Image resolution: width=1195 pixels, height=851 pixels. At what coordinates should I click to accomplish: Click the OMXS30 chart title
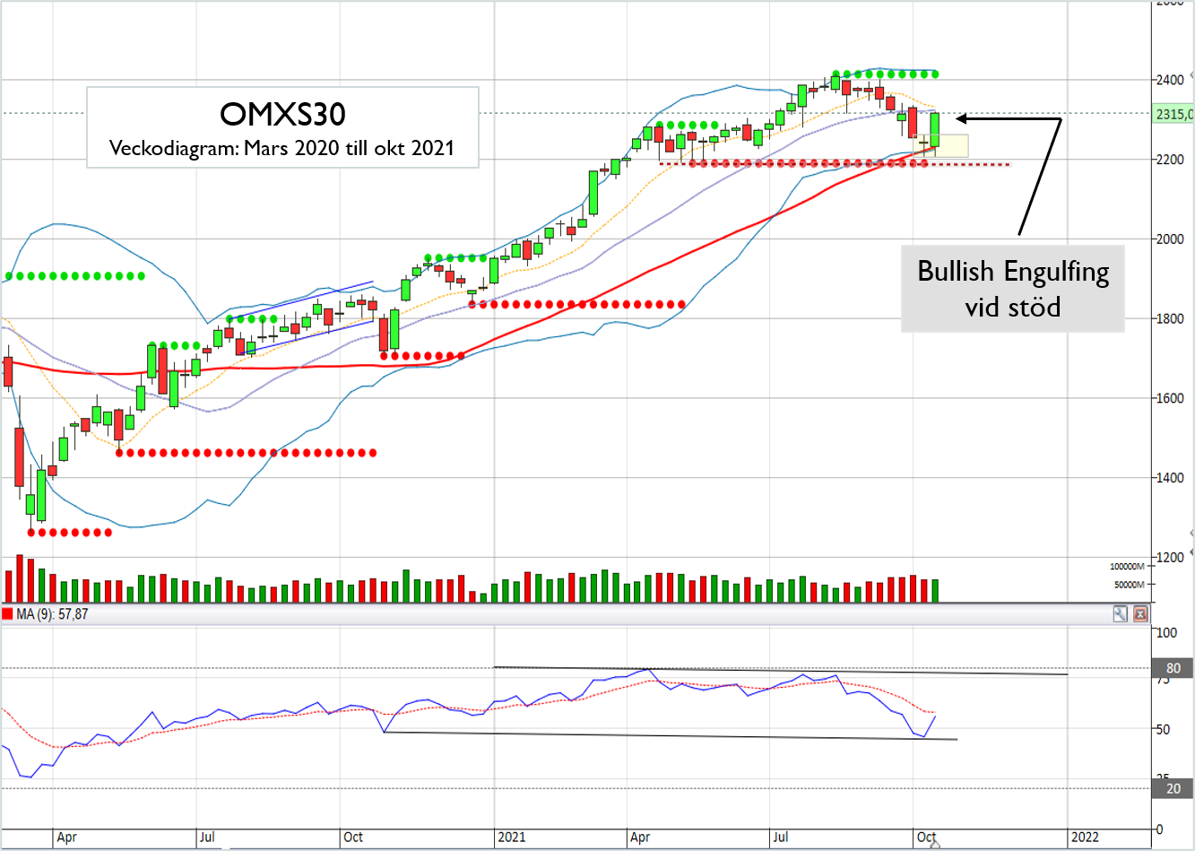pyautogui.click(x=282, y=114)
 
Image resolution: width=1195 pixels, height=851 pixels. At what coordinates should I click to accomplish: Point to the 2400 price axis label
pyautogui.click(x=1169, y=80)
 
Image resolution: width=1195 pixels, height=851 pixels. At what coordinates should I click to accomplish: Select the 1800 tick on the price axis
pyautogui.click(x=1169, y=318)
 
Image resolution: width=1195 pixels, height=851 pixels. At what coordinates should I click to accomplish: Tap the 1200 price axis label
pyautogui.click(x=1169, y=557)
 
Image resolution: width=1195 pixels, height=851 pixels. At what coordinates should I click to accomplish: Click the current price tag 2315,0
pyautogui.click(x=1173, y=114)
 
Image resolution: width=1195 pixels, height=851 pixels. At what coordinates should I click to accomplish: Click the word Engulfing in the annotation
pyautogui.click(x=1056, y=271)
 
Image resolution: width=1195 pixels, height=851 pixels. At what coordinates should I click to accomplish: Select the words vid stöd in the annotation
pyautogui.click(x=1012, y=308)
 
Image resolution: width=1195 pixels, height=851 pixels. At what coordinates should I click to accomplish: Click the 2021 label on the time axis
pyautogui.click(x=511, y=837)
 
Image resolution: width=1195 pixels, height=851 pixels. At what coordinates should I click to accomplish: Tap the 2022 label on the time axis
pyautogui.click(x=1084, y=837)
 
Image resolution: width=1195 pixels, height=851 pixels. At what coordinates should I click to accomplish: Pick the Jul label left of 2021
pyautogui.click(x=207, y=837)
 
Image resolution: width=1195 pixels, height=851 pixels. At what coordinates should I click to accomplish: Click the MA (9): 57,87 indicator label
pyautogui.click(x=52, y=614)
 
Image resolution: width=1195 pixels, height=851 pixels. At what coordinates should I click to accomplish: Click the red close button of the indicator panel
pyautogui.click(x=1140, y=614)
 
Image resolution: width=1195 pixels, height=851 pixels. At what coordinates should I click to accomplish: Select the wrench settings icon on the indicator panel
pyautogui.click(x=1121, y=614)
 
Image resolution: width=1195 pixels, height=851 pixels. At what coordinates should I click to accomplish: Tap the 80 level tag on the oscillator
pyautogui.click(x=1173, y=668)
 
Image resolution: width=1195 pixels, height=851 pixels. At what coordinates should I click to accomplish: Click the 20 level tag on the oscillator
pyautogui.click(x=1173, y=788)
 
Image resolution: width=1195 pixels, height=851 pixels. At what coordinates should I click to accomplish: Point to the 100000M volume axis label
pyautogui.click(x=1127, y=567)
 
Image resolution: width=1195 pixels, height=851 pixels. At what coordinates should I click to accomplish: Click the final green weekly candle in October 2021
pyautogui.click(x=935, y=129)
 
